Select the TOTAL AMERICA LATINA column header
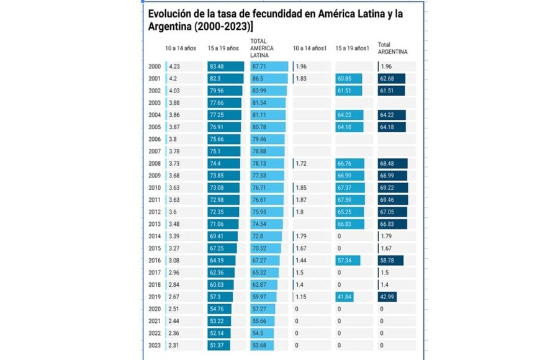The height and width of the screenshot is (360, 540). tap(261, 48)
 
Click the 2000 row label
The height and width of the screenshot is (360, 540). tap(155, 66)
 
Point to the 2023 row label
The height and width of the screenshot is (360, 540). tap(155, 345)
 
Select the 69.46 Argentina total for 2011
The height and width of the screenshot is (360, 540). tap(392, 200)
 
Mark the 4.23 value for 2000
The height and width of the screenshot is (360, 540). tap(174, 66)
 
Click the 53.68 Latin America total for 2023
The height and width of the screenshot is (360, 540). tap(263, 345)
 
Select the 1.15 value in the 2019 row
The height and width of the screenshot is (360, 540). tap(301, 297)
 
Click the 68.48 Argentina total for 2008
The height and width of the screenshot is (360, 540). tap(392, 163)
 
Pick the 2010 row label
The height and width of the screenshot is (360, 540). tap(155, 187)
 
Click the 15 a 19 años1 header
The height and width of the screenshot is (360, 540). tap(351, 48)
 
